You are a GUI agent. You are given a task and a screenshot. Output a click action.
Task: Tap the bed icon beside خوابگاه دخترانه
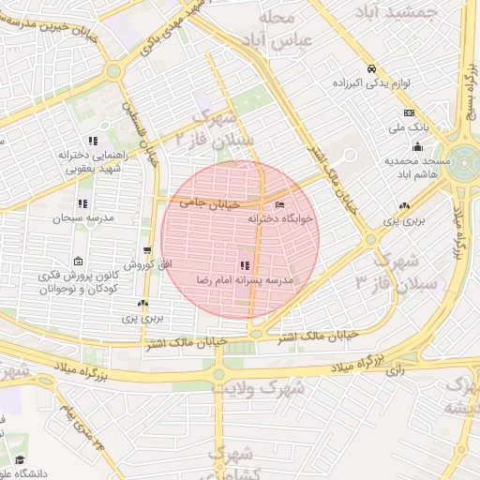(x=279, y=205)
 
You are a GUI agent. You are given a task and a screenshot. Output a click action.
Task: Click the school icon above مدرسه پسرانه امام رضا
(x=245, y=266)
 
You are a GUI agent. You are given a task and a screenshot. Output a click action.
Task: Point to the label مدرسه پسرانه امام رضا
(x=245, y=279)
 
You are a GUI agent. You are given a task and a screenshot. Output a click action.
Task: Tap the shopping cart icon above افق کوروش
(x=147, y=250)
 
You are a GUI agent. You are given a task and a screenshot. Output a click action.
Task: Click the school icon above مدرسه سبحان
(x=82, y=203)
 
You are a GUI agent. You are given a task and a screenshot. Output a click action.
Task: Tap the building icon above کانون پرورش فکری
(x=78, y=261)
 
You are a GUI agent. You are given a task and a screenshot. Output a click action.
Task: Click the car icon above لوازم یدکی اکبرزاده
(x=372, y=69)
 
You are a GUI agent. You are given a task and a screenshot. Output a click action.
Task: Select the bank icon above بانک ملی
(x=409, y=113)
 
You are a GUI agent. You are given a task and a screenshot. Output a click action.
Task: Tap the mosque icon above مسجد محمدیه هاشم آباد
(x=417, y=146)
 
